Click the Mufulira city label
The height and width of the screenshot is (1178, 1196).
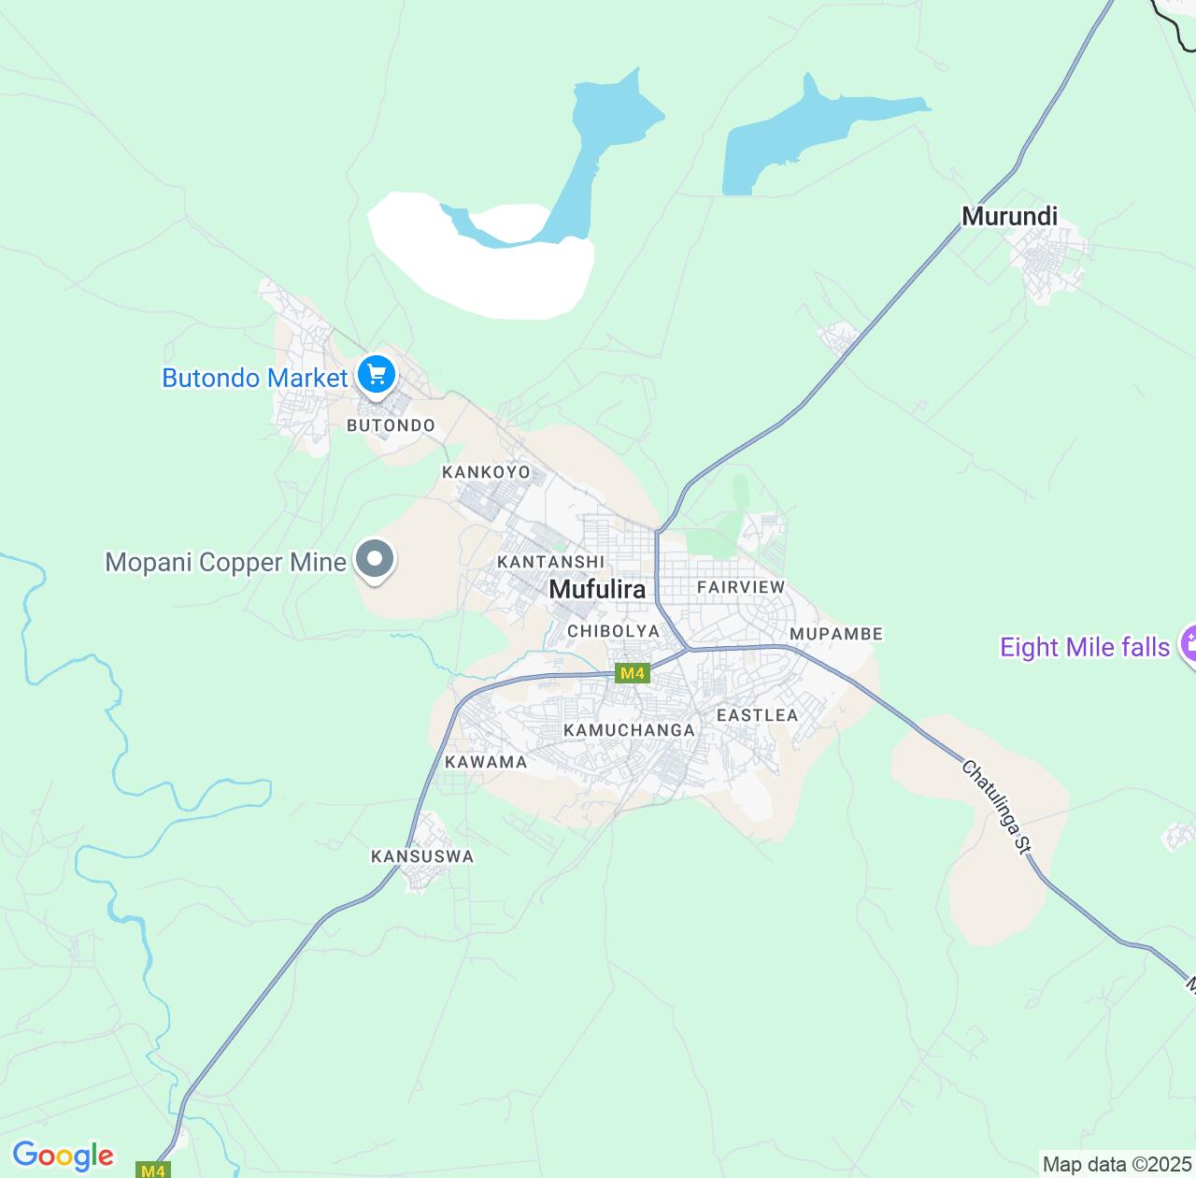[x=597, y=589]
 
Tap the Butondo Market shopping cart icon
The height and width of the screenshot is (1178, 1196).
[x=377, y=376]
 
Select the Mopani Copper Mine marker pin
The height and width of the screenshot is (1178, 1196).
[x=376, y=560]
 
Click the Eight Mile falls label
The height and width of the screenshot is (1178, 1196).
[x=1084, y=647]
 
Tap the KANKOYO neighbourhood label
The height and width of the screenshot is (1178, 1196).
[x=486, y=472]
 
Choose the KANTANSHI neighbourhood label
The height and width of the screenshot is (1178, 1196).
[x=544, y=562]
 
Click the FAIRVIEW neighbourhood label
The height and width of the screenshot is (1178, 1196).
[x=741, y=587]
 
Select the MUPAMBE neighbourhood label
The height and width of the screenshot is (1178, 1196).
[x=835, y=634]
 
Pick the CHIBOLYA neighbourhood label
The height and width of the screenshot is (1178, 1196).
[x=613, y=631]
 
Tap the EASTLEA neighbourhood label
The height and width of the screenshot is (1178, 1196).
[x=757, y=715]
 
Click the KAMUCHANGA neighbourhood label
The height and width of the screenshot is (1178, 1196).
[x=630, y=729]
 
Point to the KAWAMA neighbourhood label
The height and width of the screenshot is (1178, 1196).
[x=486, y=762]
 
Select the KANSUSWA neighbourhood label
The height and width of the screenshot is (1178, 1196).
[x=422, y=856]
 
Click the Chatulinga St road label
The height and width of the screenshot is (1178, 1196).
[x=995, y=807]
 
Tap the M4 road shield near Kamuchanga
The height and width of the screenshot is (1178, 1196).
[x=633, y=673]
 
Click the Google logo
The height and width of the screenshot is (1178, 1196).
[x=63, y=1156]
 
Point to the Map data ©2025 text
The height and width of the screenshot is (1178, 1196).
[x=1118, y=1165]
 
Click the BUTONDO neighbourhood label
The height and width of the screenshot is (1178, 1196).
[x=391, y=425]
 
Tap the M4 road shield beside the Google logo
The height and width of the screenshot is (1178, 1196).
[x=153, y=1170]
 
